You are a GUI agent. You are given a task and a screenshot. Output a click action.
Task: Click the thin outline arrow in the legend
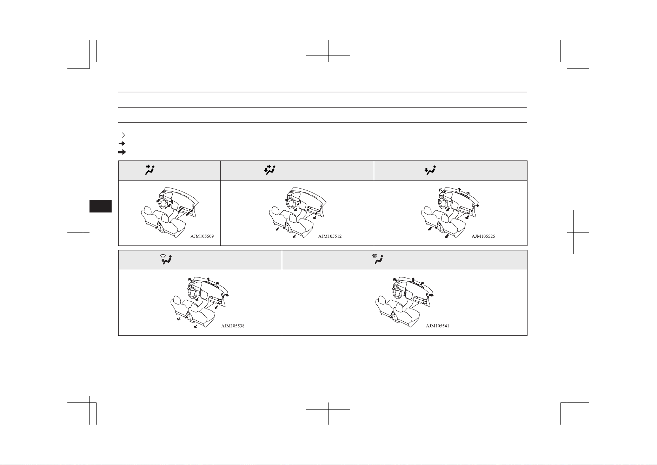[x=122, y=135]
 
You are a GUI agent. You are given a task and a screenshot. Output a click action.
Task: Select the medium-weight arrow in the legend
[x=122, y=144]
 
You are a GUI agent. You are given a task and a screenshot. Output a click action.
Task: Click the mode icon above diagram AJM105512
[x=270, y=170]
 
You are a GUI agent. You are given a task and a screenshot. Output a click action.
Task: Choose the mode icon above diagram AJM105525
[x=430, y=170]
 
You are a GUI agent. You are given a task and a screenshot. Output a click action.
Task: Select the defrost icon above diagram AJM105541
[x=377, y=260]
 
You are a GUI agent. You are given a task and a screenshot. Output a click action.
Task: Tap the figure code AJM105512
[x=330, y=236]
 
